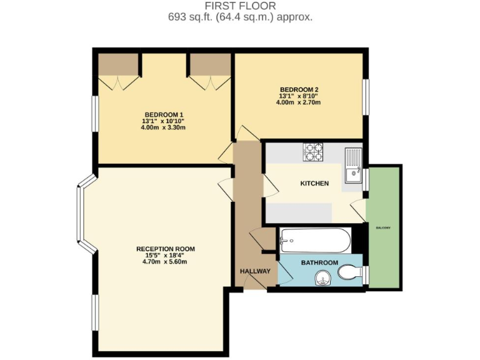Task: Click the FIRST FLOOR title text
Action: point(240,6)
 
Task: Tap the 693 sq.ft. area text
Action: point(240,17)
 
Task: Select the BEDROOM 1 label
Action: point(163,114)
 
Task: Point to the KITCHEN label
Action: point(314,184)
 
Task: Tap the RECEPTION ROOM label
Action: point(166,249)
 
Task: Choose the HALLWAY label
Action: point(256,271)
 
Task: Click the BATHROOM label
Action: point(319,263)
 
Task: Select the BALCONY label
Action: point(383,227)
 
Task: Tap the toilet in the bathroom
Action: point(350,273)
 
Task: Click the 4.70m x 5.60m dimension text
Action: point(166,262)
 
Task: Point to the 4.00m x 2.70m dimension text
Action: point(299,102)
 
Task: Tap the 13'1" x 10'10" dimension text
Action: point(163,121)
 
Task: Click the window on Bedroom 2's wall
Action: point(366,97)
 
